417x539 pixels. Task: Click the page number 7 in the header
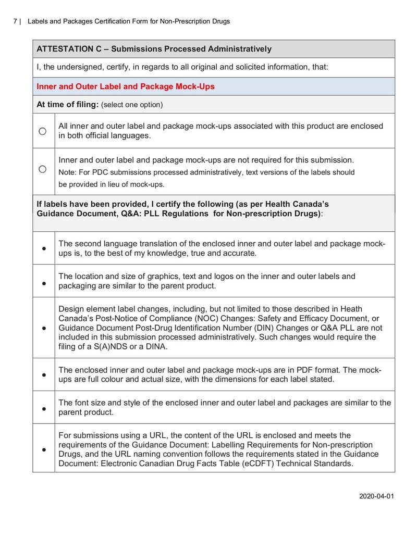15,21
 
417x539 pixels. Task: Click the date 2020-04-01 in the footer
376,496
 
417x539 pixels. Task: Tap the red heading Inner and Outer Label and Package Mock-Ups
125,86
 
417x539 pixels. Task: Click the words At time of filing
67,105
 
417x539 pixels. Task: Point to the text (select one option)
132,105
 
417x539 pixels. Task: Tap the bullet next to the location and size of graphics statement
44,283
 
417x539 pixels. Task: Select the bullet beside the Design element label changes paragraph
44,328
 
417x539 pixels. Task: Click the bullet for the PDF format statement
44,374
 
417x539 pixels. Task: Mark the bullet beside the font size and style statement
44,408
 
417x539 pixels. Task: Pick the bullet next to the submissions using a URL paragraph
44,449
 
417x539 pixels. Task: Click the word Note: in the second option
67,172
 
